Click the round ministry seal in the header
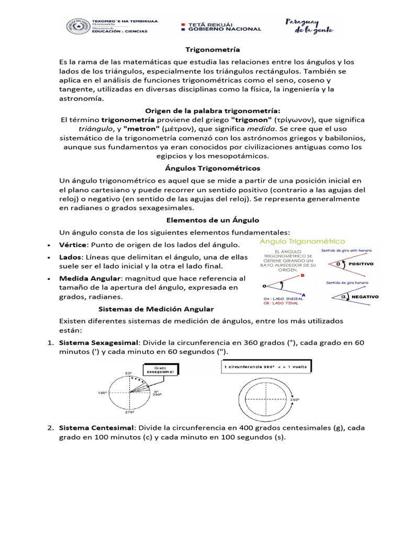(77, 27)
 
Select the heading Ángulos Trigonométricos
(213, 169)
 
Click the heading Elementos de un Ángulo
(213, 220)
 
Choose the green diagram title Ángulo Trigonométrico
(303, 241)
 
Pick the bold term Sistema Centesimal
(96, 428)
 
